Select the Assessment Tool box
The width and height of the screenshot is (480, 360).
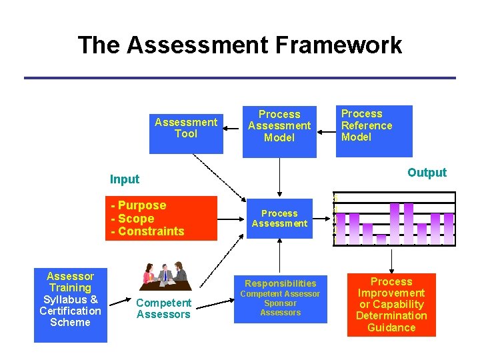(x=185, y=128)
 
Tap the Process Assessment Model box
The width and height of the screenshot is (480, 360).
(x=279, y=126)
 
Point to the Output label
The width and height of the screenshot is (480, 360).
(x=427, y=173)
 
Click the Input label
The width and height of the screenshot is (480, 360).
(x=125, y=179)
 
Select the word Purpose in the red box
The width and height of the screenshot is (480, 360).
(x=142, y=205)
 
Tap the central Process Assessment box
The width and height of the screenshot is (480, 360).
(x=279, y=218)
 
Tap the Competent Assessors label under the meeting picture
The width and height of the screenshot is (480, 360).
(x=163, y=309)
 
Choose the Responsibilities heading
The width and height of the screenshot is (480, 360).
(x=281, y=283)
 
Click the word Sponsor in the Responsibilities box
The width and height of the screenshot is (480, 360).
(x=280, y=303)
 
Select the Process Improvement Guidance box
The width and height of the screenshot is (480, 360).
(x=391, y=305)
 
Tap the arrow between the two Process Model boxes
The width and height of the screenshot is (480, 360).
(x=326, y=124)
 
